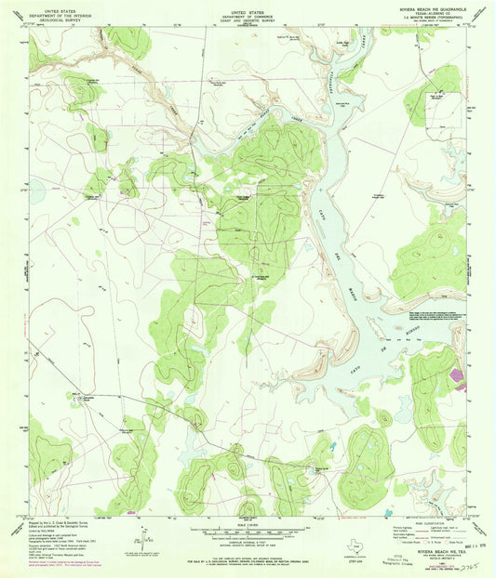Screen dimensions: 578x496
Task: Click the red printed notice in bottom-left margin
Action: (70, 562)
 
